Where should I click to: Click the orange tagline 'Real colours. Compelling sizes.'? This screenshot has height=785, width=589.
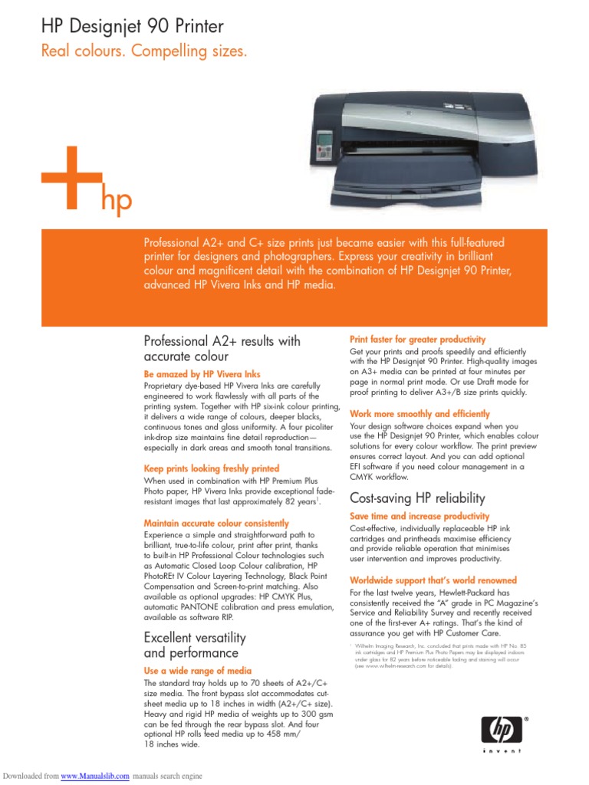(144, 52)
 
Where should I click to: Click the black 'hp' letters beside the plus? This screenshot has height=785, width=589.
(117, 201)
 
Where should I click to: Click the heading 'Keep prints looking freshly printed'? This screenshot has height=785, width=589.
(212, 468)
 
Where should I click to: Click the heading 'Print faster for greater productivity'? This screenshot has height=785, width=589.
(417, 339)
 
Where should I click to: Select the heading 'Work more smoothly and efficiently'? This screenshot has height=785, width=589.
(420, 413)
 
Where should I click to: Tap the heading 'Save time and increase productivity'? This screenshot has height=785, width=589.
(420, 517)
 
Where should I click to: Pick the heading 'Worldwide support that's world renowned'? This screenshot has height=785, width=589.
(433, 580)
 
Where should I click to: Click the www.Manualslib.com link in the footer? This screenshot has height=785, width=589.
(95, 776)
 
